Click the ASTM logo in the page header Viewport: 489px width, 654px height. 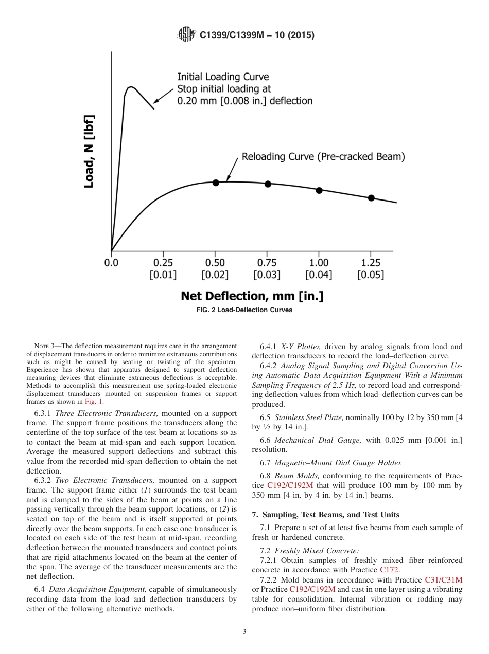(x=186, y=34)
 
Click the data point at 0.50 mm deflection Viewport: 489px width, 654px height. (x=216, y=183)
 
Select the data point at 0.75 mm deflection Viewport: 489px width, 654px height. (x=268, y=184)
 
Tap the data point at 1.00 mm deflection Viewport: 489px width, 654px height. (x=319, y=190)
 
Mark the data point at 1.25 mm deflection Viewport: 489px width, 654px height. (x=371, y=198)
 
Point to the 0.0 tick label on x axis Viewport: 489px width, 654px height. (x=111, y=263)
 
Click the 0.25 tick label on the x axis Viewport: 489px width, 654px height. (x=163, y=263)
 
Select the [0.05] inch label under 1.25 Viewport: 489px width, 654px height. (x=371, y=275)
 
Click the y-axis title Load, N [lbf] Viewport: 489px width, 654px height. (x=89, y=151)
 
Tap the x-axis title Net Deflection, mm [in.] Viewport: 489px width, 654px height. (x=252, y=296)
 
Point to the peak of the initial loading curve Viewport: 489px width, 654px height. (x=131, y=86)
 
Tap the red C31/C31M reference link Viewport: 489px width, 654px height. (x=444, y=579)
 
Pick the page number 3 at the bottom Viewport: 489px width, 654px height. (x=244, y=632)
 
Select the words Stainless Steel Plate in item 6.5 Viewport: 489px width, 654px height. (x=307, y=417)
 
